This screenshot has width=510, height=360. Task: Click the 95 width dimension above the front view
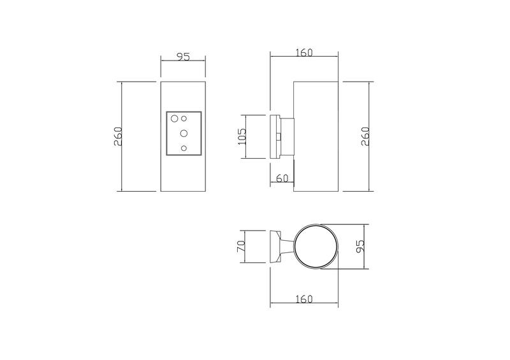tap(183, 57)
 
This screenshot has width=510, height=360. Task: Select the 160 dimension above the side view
tap(304, 53)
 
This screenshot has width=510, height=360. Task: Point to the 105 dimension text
tap(242, 136)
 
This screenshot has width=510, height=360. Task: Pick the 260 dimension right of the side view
tap(365, 136)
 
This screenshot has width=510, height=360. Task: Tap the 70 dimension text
tap(241, 247)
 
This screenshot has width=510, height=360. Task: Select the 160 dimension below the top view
tap(304, 299)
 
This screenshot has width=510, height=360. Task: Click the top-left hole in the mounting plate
tap(174, 118)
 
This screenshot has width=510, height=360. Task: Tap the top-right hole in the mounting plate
tap(184, 118)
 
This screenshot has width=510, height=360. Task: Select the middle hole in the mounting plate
tap(184, 133)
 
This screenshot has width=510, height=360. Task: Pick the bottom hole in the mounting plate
tap(184, 148)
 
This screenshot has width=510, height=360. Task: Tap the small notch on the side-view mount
tap(278, 136)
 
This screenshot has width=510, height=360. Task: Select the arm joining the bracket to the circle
tap(289, 247)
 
